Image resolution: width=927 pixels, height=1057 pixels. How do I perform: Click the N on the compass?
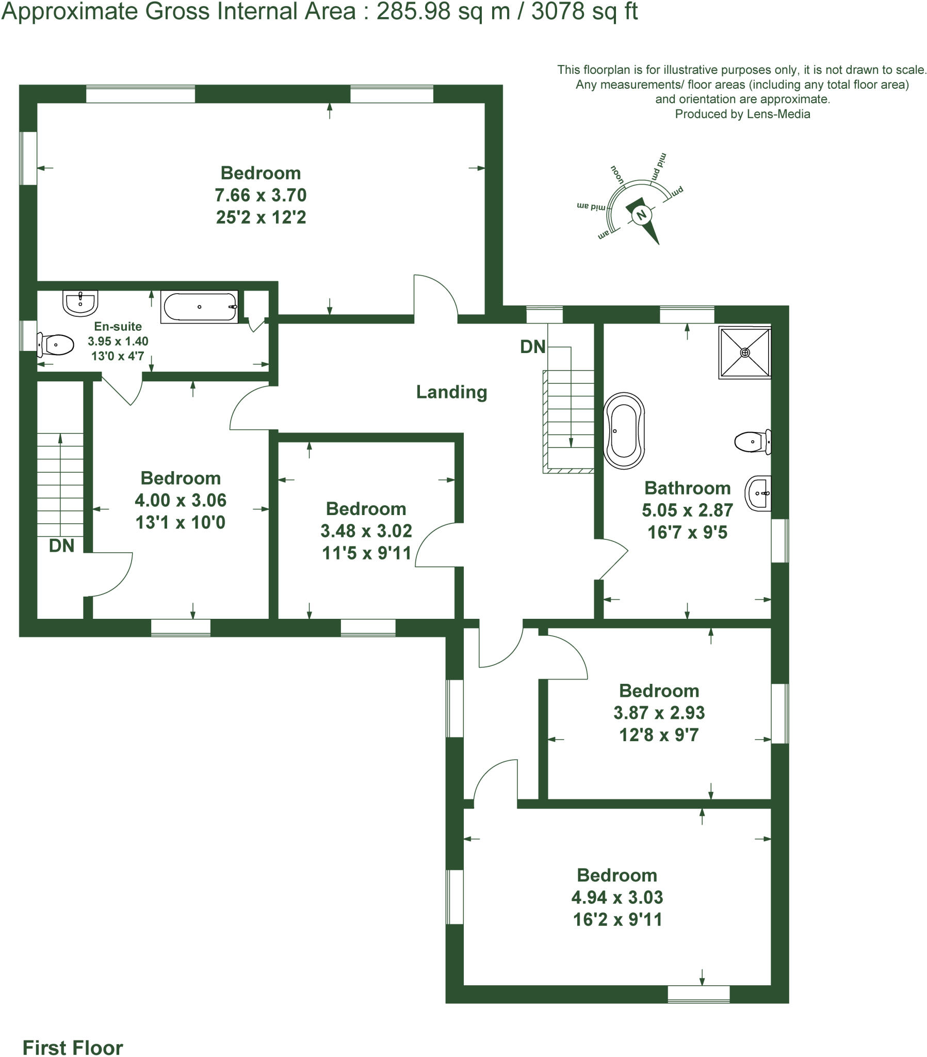(642, 215)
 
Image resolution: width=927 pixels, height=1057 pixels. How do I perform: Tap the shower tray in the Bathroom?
(744, 352)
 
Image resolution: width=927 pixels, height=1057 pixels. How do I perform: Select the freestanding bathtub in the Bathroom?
(624, 431)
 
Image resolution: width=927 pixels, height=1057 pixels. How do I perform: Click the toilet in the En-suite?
(56, 345)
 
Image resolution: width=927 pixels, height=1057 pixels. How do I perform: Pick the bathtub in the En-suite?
(200, 307)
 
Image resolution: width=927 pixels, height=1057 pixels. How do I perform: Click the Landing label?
(451, 392)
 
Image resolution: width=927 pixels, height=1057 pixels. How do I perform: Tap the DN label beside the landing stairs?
(532, 346)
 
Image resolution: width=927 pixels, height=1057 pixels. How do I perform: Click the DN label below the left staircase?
(61, 545)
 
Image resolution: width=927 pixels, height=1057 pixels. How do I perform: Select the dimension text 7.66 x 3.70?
(261, 195)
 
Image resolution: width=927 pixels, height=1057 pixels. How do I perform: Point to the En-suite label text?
(118, 326)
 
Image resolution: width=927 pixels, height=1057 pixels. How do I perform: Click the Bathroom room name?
(687, 488)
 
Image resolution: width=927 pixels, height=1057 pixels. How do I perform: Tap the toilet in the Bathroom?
(752, 442)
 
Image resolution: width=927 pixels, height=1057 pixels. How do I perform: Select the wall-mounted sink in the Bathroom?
(758, 493)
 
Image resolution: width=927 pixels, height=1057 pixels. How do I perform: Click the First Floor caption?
(73, 1047)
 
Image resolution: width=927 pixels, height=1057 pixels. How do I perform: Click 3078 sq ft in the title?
(585, 11)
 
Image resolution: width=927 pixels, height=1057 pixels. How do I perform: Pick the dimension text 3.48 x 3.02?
(366, 531)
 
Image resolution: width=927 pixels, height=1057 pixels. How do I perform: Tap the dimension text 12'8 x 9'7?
(659, 735)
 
